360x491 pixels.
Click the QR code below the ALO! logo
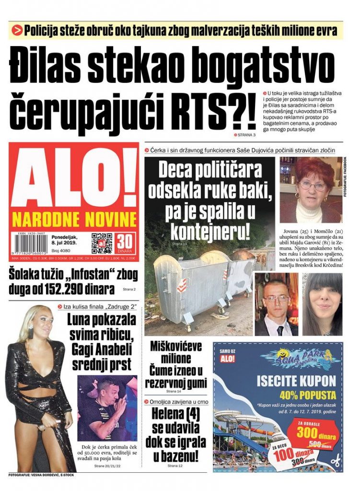(x=102, y=243)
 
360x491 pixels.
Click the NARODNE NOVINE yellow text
(x=74, y=219)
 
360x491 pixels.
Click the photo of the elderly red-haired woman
(x=311, y=189)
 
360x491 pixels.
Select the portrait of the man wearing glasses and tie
(x=276, y=305)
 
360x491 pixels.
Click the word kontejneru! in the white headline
(x=211, y=232)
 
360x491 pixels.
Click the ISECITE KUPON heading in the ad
(x=296, y=381)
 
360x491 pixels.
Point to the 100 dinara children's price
(x=288, y=454)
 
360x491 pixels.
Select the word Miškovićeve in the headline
(x=176, y=346)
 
